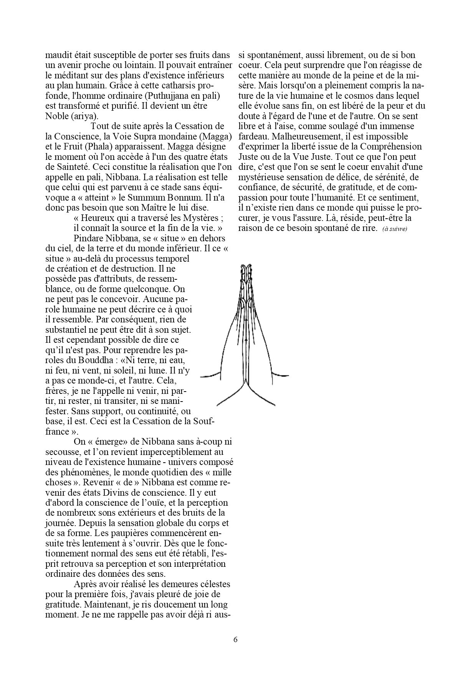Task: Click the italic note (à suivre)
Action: coord(395,229)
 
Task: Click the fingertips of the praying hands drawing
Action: coord(246,267)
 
